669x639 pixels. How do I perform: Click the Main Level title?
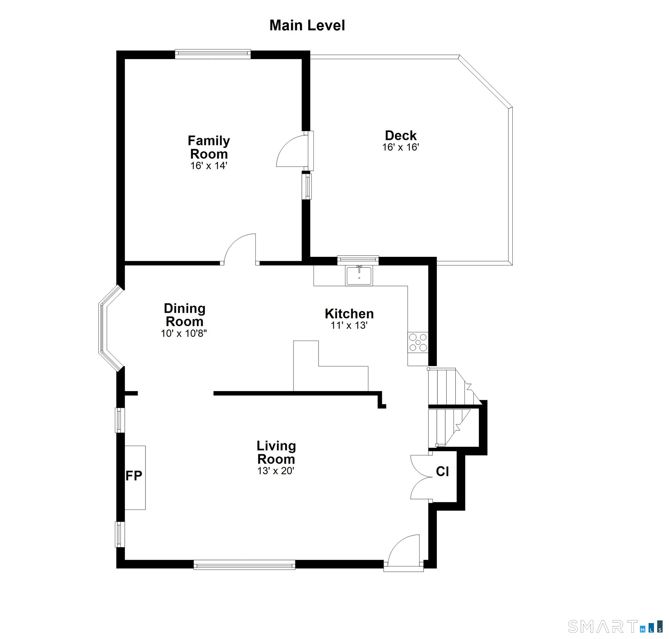click(307, 26)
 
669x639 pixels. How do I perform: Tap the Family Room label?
click(209, 147)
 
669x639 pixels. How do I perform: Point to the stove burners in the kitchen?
click(418, 342)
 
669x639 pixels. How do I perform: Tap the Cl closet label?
click(442, 471)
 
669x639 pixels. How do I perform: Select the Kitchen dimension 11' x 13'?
click(349, 325)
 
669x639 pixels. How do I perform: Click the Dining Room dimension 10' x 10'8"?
click(184, 333)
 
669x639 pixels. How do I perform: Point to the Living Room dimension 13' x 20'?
click(276, 471)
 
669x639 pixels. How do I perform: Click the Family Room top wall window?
click(213, 54)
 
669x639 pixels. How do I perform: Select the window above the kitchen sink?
click(358, 260)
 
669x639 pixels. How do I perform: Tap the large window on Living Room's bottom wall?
click(244, 565)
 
